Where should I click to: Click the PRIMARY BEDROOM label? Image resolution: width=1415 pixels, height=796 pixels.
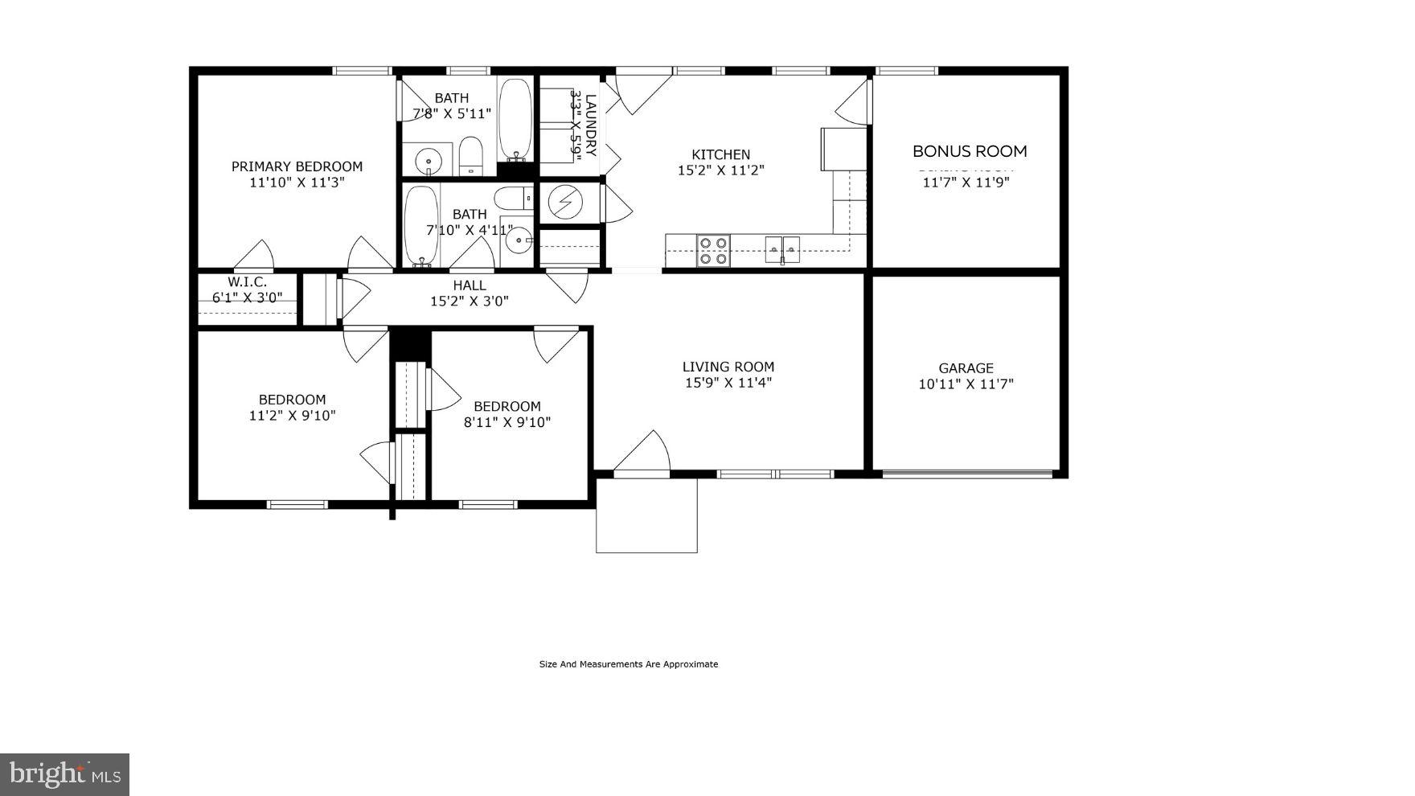pyautogui.click(x=297, y=166)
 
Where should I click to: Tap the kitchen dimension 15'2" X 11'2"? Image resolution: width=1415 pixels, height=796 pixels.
pyautogui.click(x=720, y=170)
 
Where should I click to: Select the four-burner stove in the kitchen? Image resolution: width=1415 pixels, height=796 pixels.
pyautogui.click(x=713, y=250)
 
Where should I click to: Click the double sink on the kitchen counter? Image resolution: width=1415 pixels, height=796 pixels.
pyautogui.click(x=781, y=249)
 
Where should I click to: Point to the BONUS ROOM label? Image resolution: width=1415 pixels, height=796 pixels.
pyautogui.click(x=970, y=151)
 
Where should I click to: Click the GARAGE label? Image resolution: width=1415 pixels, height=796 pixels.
pyautogui.click(x=966, y=368)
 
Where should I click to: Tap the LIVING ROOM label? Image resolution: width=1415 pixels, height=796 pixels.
pyautogui.click(x=728, y=367)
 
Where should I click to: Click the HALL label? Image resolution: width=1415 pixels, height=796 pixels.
pyautogui.click(x=469, y=285)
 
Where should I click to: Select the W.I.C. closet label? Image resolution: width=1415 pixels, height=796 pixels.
pyautogui.click(x=247, y=282)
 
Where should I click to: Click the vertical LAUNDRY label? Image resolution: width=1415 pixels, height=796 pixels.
pyautogui.click(x=591, y=125)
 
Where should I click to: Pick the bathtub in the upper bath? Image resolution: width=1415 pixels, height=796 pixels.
pyautogui.click(x=515, y=120)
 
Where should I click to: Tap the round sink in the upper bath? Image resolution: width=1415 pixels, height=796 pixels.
pyautogui.click(x=429, y=162)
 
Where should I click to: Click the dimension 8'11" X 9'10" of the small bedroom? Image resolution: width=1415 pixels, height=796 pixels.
pyautogui.click(x=507, y=422)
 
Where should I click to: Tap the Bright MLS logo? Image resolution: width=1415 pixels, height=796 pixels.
pyautogui.click(x=65, y=774)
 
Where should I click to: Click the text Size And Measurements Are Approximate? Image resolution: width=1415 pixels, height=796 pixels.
pyautogui.click(x=628, y=664)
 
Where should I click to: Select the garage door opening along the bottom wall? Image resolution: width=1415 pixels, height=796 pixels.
pyautogui.click(x=967, y=474)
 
